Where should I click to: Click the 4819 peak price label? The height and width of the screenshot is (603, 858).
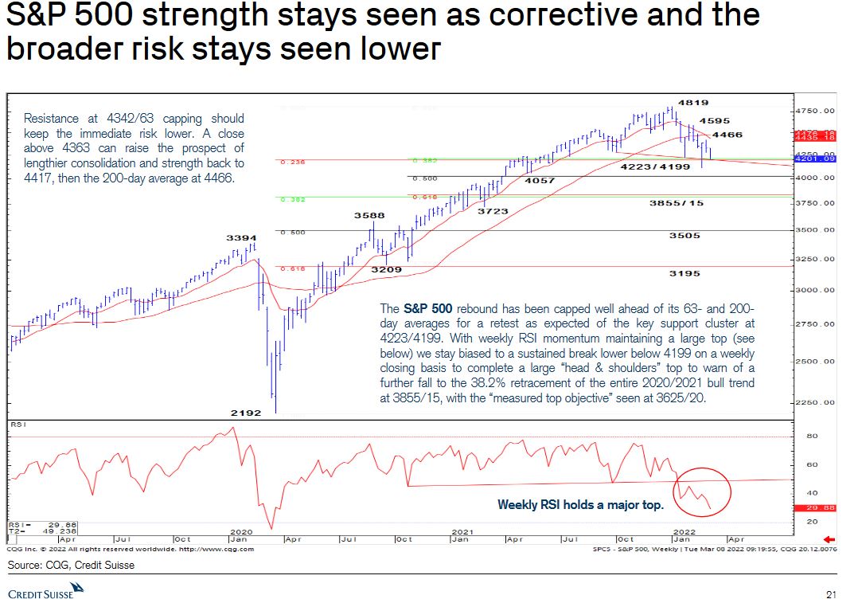693,103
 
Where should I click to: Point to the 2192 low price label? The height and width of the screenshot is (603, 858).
247,412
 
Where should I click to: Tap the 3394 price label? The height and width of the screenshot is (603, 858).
241,237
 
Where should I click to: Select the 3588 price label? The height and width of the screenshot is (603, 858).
369,215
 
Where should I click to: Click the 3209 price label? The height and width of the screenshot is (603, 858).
387,270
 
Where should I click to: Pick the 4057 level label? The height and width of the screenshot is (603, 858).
540,181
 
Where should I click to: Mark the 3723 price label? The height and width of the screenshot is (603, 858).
493,211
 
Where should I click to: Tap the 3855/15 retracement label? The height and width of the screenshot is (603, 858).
677,203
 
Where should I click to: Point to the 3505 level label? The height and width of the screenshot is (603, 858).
684,236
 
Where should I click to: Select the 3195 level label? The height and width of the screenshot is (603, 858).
684,273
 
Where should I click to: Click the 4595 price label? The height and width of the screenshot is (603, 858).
715,121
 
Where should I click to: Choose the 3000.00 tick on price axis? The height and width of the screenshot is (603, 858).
818,290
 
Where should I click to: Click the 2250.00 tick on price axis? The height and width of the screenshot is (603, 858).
818,402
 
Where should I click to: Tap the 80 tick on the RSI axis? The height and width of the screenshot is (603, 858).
812,436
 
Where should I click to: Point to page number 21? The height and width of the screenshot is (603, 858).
832,594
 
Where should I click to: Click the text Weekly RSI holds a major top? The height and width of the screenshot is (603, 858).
580,504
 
